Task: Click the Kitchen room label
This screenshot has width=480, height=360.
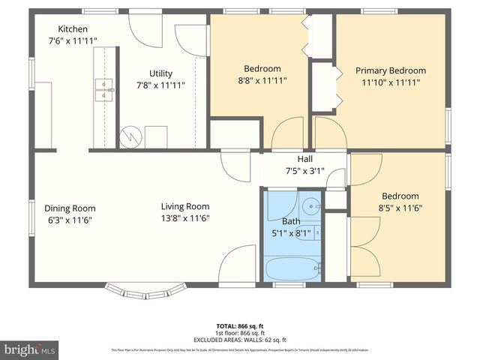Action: [x=73, y=28]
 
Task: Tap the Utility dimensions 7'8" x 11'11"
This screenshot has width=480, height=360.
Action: [x=160, y=85]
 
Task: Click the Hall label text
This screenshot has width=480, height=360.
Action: [x=305, y=159]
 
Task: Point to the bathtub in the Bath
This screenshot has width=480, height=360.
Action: [x=292, y=268]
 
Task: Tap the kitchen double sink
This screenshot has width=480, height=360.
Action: [x=103, y=89]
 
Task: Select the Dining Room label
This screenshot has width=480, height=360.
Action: [x=70, y=208]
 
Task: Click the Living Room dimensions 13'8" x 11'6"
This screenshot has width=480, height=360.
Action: [x=184, y=218]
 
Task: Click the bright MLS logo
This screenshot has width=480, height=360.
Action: [x=30, y=349]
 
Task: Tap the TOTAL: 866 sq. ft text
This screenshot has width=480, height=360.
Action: [x=240, y=326]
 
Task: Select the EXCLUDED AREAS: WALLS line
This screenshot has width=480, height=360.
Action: [x=240, y=340]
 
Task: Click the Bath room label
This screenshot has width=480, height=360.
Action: [x=291, y=222]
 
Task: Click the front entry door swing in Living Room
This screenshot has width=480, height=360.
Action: [x=238, y=263]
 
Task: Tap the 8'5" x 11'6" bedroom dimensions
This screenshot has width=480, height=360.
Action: [x=397, y=208]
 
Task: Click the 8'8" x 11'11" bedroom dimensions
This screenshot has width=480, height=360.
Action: [x=262, y=79]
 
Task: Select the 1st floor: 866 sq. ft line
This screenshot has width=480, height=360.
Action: [x=240, y=333]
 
